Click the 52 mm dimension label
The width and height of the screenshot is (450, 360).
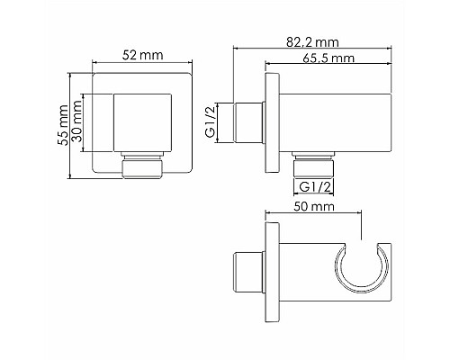(x=143, y=56)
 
